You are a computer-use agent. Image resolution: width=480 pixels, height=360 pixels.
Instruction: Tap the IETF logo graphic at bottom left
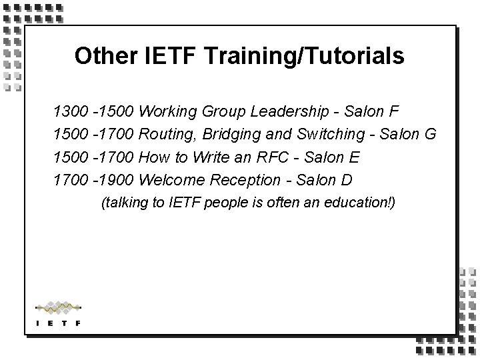click(58, 313)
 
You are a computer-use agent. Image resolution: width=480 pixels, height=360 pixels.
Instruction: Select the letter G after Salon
click(429, 134)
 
